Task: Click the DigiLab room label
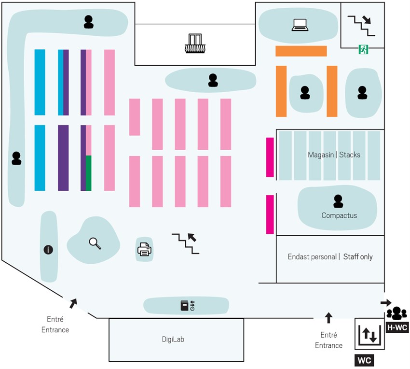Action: click(x=173, y=339)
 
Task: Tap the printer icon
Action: click(x=144, y=250)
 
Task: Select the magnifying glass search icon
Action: click(x=95, y=243)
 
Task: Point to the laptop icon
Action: click(x=300, y=25)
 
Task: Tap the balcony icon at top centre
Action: click(x=195, y=43)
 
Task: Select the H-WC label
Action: click(x=398, y=327)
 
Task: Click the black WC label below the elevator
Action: click(x=365, y=360)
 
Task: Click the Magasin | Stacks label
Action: click(x=334, y=155)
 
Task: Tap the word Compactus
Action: click(x=339, y=215)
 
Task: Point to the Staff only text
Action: click(x=357, y=257)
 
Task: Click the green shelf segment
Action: click(x=89, y=173)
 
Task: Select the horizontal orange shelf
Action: click(x=301, y=51)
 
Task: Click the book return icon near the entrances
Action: click(x=187, y=305)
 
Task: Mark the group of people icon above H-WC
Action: click(x=396, y=313)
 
